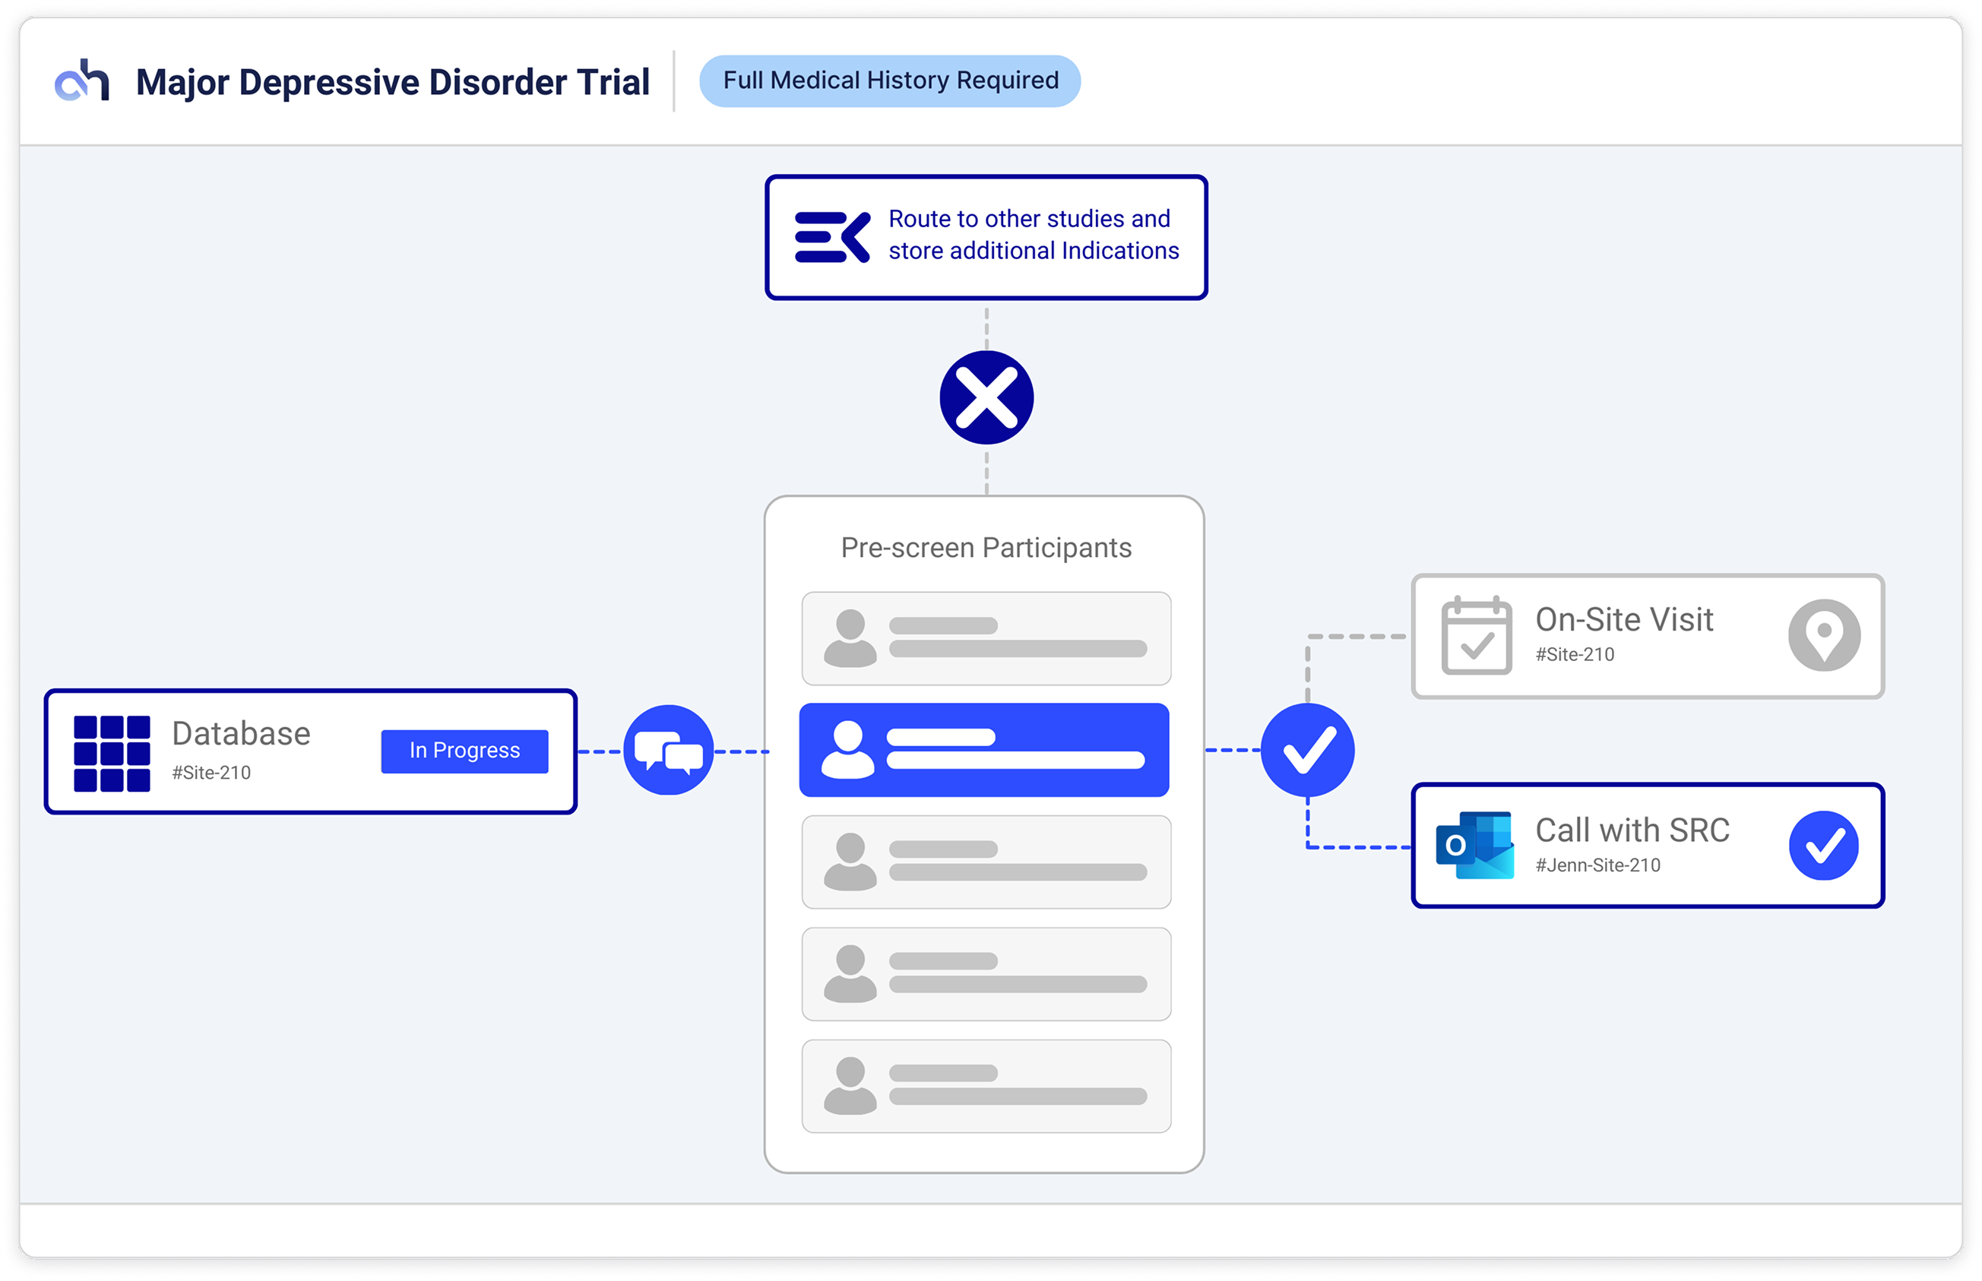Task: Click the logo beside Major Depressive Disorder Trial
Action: point(81,81)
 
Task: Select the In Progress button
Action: point(464,751)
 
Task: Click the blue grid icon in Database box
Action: point(112,753)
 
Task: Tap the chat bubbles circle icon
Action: point(668,751)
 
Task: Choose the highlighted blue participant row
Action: point(984,749)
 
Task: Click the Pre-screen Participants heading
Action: point(985,547)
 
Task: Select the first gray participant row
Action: point(985,638)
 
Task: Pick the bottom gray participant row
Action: point(985,1086)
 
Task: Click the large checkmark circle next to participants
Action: point(1307,749)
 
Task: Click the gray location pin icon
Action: point(1824,634)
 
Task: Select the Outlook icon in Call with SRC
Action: point(1474,845)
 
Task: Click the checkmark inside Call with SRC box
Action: point(1823,845)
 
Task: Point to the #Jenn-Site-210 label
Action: point(1597,865)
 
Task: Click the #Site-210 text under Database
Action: point(211,773)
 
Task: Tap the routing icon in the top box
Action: point(832,237)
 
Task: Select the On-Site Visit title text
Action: point(1623,620)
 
